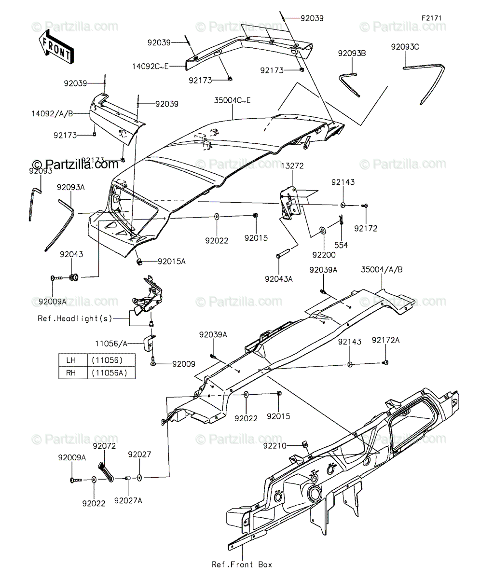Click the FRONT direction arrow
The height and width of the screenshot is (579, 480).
56,47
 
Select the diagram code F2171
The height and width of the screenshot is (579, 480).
431,18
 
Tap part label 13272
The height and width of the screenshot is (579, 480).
292,166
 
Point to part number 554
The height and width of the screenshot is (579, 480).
341,245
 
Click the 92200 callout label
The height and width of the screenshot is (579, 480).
324,255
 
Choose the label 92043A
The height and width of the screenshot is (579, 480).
279,279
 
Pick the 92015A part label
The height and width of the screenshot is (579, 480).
172,261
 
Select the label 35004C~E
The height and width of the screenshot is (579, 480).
232,100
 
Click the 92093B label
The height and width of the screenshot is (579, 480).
352,53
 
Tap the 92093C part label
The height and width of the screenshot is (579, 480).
405,47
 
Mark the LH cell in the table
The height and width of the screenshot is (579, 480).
71,360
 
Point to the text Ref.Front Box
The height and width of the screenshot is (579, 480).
242,565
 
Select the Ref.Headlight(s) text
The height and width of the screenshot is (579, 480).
75,318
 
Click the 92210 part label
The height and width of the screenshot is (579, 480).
275,446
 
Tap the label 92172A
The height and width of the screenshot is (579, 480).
386,340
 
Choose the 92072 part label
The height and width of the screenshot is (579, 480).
104,446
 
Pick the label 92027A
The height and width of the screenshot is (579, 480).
128,500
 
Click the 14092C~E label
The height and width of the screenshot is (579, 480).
151,67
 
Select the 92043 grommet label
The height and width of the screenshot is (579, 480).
71,254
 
